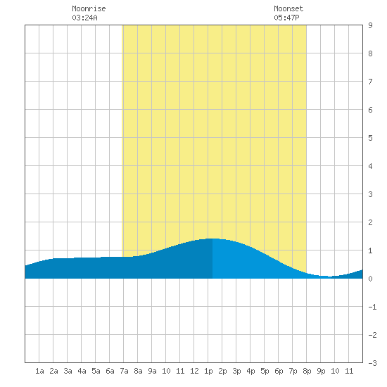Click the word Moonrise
[89, 8]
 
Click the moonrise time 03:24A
[84, 18]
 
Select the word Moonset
[288, 8]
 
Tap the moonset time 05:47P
[286, 18]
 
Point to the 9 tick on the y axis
[370, 25]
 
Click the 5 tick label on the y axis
[370, 138]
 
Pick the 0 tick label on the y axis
[370, 279]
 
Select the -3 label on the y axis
[373, 363]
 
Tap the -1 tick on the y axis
[373, 307]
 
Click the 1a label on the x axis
[39, 371]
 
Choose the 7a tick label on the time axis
[124, 371]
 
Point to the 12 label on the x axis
[194, 371]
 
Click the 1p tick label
[208, 371]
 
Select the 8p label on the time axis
[307, 371]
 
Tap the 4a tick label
[82, 371]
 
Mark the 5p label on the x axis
[265, 371]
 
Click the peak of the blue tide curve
[212, 239]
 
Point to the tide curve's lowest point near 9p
[329, 277]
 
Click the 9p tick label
[321, 371]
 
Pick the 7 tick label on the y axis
[370, 82]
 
